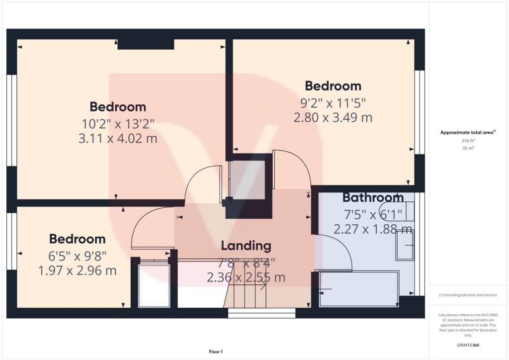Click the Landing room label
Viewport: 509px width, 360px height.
246,245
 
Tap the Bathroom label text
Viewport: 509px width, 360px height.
373,197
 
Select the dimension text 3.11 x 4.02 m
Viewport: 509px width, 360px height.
118,138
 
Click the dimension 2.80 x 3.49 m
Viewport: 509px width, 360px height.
333,117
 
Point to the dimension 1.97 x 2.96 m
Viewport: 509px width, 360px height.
78,270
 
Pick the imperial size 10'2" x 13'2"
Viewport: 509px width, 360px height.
118,123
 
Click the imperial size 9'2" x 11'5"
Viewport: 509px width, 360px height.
333,103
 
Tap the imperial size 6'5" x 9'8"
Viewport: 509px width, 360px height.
78,256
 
